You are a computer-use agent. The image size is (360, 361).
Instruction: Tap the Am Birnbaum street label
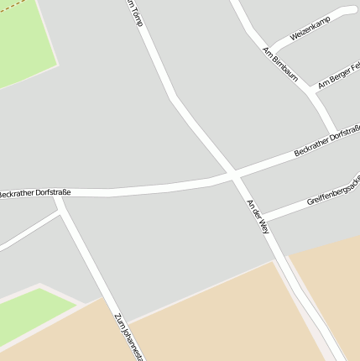point(280,64)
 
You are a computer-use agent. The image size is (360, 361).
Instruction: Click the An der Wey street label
point(258,216)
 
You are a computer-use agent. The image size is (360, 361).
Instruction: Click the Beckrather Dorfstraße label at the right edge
point(327,141)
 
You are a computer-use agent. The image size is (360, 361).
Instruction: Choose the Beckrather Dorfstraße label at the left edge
point(34,193)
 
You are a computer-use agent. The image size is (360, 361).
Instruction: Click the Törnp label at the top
point(134,13)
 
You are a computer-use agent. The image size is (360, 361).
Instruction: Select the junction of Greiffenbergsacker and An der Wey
point(262,219)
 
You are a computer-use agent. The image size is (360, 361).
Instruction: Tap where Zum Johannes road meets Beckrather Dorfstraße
point(59,195)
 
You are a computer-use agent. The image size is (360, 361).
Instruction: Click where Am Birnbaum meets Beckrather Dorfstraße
point(336,133)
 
